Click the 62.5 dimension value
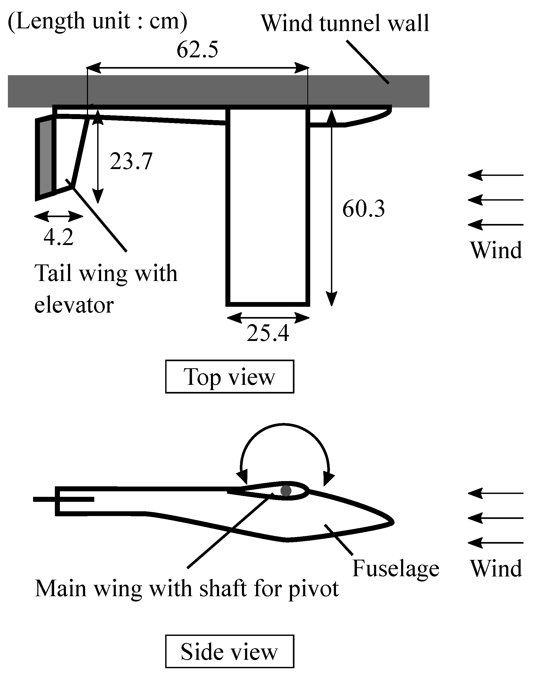(x=197, y=50)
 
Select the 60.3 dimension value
(x=363, y=209)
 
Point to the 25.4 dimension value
(x=268, y=333)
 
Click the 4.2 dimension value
(x=58, y=237)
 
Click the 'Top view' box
(x=229, y=377)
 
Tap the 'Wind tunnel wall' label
(x=345, y=23)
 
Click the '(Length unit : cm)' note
(x=97, y=21)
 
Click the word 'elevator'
(x=74, y=305)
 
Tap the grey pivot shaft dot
(x=286, y=491)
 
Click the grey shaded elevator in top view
(x=46, y=158)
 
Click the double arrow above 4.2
(x=58, y=216)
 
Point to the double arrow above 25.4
(x=268, y=318)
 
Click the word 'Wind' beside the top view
(x=496, y=251)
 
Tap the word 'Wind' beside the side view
(x=496, y=568)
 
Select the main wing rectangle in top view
(x=268, y=206)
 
